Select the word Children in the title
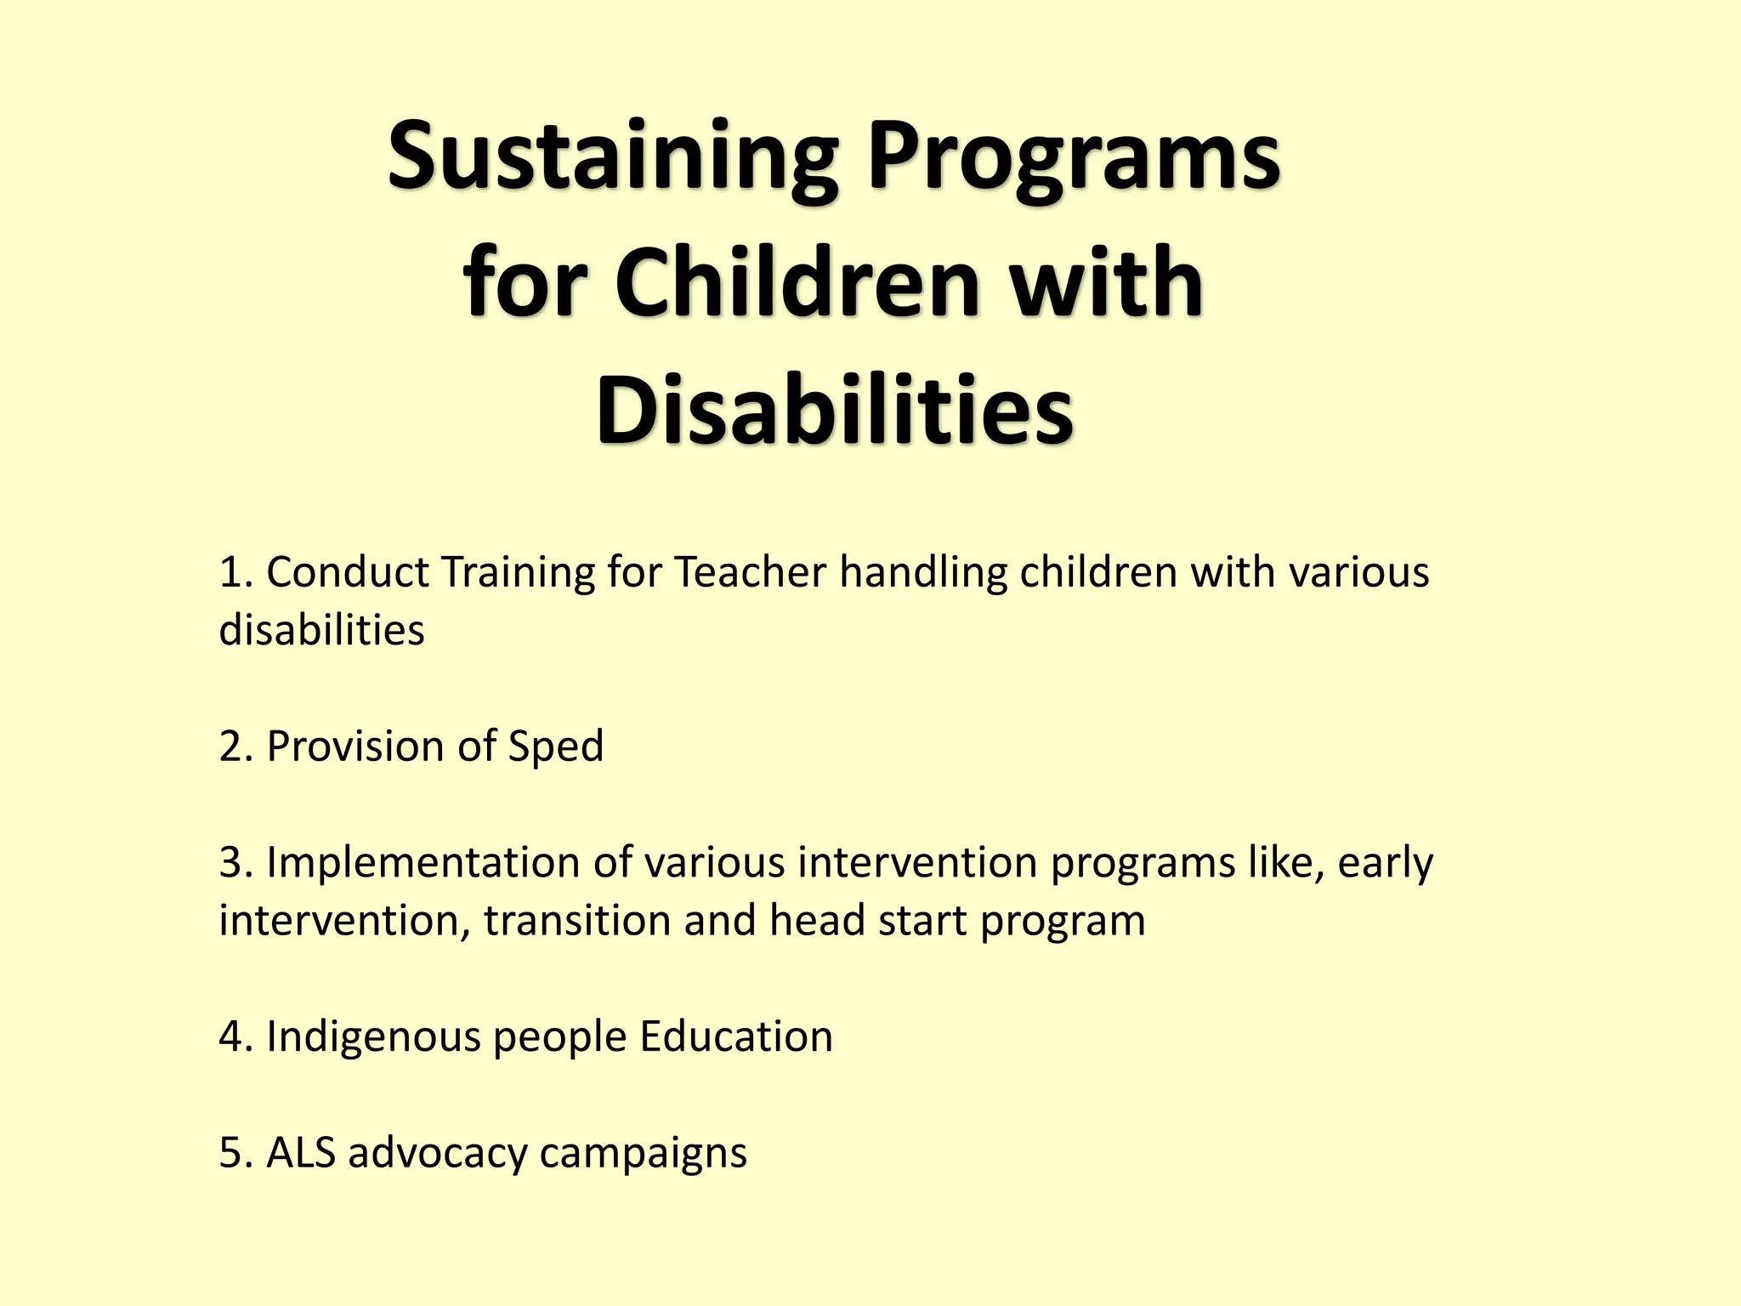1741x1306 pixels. [x=797, y=282]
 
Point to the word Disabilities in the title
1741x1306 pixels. [x=835, y=410]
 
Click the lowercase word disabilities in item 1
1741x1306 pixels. [x=321, y=631]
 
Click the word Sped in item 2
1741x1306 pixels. [x=555, y=747]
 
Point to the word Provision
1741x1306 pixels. [x=355, y=747]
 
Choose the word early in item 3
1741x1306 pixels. [x=1385, y=863]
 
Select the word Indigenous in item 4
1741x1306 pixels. [x=373, y=1037]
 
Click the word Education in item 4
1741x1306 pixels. [x=736, y=1037]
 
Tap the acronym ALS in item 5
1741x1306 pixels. [x=301, y=1154]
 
